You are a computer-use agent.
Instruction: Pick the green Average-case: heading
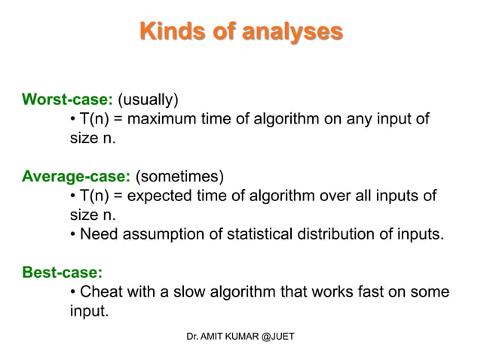click(x=76, y=177)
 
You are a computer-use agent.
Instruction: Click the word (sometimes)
click(x=179, y=177)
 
